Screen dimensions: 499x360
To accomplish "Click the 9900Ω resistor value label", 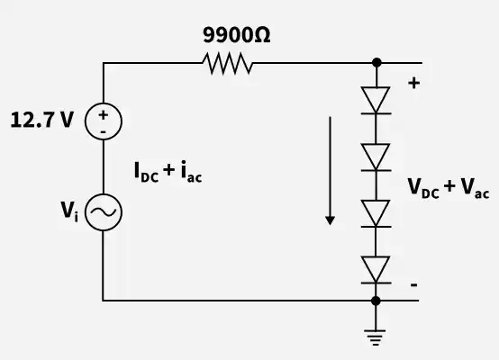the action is [x=237, y=35].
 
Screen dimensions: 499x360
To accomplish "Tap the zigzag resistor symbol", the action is [x=228, y=63].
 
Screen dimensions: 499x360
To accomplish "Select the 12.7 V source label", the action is [x=42, y=120].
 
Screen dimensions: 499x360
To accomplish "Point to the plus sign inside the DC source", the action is [x=103, y=115].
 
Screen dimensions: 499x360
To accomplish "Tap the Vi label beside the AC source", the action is [x=69, y=211].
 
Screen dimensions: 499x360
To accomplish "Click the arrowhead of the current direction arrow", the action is [x=330, y=220].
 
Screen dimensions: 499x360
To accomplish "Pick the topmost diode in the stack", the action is [x=376, y=100].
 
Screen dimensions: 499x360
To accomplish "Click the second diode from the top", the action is [x=376, y=157].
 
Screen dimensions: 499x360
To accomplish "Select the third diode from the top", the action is [x=376, y=213].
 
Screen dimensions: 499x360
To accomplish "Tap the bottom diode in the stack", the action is [x=376, y=270].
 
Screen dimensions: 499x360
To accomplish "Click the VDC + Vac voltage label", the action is [x=449, y=188].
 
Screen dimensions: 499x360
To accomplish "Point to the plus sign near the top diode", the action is [x=414, y=83].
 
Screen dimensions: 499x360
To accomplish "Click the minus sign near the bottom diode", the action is [x=413, y=284].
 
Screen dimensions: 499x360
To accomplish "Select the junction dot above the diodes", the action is [x=377, y=63].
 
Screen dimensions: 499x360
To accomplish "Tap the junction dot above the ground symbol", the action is [x=376, y=301].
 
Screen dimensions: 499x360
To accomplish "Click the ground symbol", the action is [x=376, y=337].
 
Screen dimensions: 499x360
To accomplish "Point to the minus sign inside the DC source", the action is [x=103, y=131].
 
